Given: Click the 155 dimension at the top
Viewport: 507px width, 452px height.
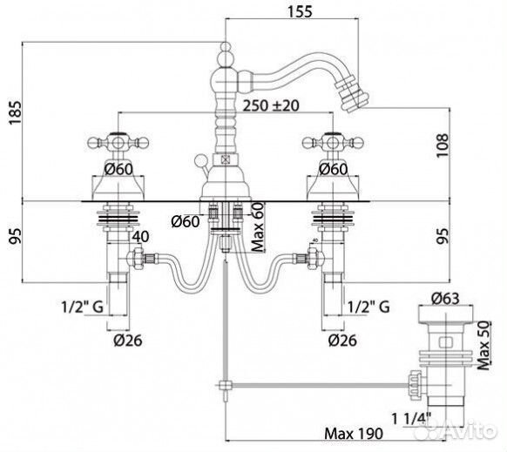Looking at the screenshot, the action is tap(300, 11).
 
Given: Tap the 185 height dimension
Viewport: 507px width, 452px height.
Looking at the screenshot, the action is tap(15, 112).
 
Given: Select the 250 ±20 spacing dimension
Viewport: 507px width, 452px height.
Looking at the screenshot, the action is tap(271, 105).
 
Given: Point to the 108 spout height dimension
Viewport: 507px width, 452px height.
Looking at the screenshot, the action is tap(443, 145).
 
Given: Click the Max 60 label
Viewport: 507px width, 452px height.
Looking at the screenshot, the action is tap(258, 227).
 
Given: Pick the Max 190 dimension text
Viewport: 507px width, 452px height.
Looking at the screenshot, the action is tap(354, 433).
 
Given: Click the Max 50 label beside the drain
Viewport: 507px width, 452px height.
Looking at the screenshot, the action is tap(484, 345).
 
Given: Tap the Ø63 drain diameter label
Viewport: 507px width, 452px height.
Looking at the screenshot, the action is tap(445, 299).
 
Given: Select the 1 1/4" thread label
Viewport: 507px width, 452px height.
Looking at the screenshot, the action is tap(411, 419).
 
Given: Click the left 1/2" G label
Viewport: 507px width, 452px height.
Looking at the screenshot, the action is tap(82, 307).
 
